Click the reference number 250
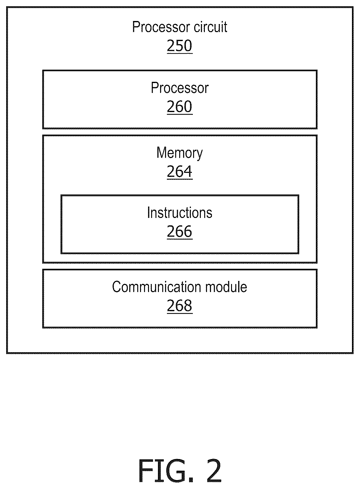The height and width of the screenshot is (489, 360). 180,45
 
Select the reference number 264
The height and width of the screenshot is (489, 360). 180,171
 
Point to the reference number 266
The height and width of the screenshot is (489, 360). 180,232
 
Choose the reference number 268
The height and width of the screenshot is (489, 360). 180,306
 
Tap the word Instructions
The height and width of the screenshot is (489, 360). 180,213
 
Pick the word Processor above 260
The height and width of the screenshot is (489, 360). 180,88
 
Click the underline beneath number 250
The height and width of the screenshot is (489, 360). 180,53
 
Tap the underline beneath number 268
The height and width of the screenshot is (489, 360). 180,313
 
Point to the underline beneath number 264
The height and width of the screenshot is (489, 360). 180,179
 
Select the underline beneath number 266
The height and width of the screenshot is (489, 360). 180,239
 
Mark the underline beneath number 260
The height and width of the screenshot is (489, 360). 180,114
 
